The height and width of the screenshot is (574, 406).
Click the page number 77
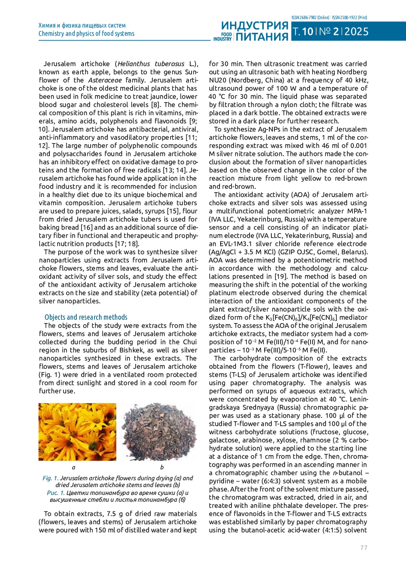coord(364,547)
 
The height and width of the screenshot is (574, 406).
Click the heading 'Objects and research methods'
coord(86,317)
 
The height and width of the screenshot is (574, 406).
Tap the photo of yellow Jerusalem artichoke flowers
coord(77,432)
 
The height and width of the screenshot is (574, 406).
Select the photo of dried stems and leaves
coord(159,432)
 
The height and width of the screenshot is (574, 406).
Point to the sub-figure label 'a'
coord(74,467)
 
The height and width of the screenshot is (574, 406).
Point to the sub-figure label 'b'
coord(162,467)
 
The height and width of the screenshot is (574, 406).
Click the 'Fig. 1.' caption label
coord(50,478)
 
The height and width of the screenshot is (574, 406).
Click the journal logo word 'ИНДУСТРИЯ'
coord(255,26)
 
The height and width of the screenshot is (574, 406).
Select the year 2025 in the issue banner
coord(356,32)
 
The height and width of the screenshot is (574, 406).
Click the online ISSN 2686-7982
coord(310,17)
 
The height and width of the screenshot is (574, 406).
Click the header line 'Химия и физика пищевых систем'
coord(82,25)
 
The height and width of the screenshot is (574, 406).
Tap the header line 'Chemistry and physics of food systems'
coord(86,33)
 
